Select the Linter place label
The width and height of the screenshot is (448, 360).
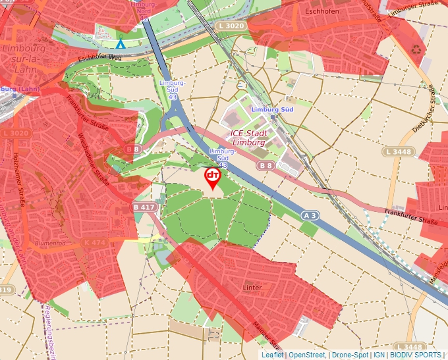click(x=252, y=288)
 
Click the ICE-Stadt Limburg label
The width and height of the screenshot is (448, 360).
click(x=248, y=138)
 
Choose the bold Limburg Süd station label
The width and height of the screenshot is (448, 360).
click(x=272, y=109)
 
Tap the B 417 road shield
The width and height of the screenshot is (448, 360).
click(x=144, y=207)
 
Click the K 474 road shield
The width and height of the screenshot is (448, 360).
click(x=96, y=243)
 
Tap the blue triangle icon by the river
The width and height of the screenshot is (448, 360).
click(x=120, y=44)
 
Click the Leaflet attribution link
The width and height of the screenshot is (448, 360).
click(x=272, y=355)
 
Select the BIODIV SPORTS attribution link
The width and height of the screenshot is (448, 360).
click(x=416, y=355)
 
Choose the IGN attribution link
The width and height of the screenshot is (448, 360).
click(x=379, y=355)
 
